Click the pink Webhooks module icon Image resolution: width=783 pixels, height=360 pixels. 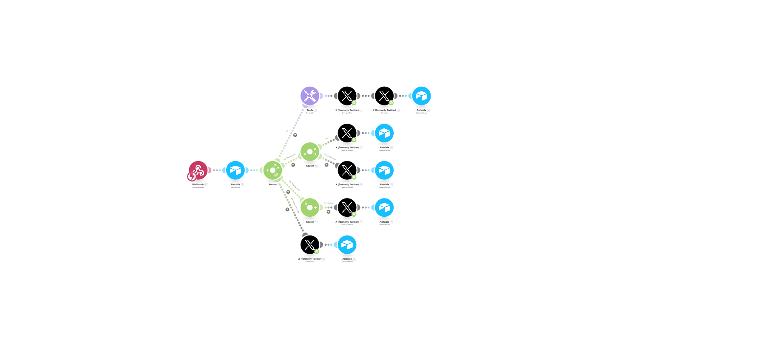coord(198,170)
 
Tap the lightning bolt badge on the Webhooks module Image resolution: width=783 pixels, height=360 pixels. coord(192,176)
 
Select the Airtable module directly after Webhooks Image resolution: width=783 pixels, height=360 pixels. coord(235,170)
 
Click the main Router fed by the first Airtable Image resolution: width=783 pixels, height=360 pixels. coord(272,170)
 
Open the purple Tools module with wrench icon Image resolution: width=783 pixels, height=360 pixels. coord(310,96)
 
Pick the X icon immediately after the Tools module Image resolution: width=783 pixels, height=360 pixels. coord(347,96)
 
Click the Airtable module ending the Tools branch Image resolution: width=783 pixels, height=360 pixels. coord(421,96)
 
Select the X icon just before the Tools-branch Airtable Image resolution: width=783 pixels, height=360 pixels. coord(384,96)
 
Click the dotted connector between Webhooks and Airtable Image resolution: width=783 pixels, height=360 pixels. coord(217,170)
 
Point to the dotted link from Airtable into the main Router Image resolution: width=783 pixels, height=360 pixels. coord(254,170)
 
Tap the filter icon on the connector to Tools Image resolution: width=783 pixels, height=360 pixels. coord(295,135)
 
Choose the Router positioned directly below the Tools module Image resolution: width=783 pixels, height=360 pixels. coord(310,152)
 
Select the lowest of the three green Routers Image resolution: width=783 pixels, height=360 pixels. coord(310,207)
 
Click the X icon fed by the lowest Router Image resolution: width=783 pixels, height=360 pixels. coord(347,207)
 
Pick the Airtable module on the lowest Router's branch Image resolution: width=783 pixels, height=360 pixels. coord(384,207)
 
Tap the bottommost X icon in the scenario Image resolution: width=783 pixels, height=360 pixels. coord(310,245)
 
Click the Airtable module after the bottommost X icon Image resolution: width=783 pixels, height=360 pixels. coord(347,244)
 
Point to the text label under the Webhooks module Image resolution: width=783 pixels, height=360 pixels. coord(198,184)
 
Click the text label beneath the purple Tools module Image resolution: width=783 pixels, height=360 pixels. coord(310,110)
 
